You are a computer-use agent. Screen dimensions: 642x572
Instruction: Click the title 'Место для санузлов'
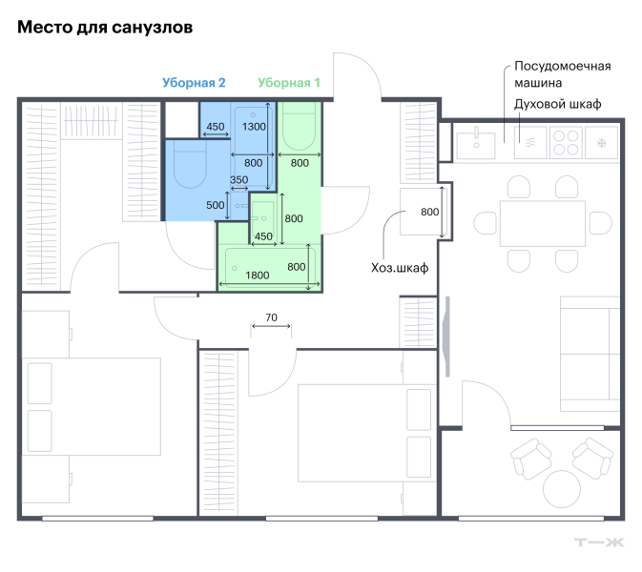tap(105, 28)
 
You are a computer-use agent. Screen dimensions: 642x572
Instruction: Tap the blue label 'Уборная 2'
tap(194, 83)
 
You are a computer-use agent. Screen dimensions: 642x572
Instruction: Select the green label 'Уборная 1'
tap(289, 83)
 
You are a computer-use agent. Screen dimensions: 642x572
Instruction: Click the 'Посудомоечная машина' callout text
tap(562, 74)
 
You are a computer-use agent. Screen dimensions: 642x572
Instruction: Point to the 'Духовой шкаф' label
tap(558, 104)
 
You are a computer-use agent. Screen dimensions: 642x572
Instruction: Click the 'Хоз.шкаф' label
tap(400, 268)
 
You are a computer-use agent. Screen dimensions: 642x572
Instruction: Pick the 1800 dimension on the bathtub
tap(258, 275)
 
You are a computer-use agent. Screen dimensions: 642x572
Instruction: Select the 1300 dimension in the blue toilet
tap(254, 127)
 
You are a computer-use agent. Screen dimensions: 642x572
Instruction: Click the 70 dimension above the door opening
tap(271, 317)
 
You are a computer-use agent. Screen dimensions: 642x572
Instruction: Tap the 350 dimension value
tap(239, 179)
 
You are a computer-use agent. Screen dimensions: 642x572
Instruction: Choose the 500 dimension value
tap(216, 205)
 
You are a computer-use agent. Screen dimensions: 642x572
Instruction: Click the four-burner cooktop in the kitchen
tap(566, 142)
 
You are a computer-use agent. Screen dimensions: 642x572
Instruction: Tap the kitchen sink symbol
tap(476, 143)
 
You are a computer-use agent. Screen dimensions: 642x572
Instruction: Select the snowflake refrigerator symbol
tap(601, 143)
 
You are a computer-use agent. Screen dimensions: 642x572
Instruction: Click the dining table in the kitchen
tap(543, 223)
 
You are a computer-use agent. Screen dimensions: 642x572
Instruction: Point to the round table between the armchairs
tap(562, 489)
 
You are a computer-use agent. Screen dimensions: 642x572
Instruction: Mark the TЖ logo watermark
tap(599, 542)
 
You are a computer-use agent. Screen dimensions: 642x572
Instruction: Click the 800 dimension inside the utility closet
tap(430, 212)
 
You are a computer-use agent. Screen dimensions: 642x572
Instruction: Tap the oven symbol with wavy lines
tap(530, 142)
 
